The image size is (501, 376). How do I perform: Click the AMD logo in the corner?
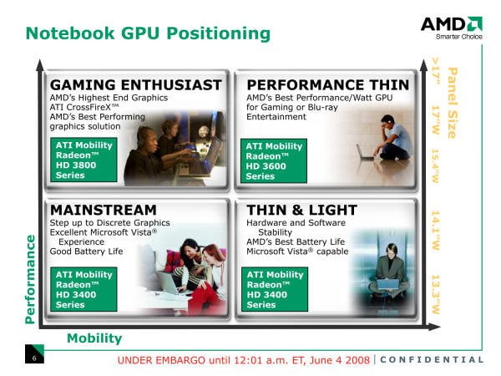452,28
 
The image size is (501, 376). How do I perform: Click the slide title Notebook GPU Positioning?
148,33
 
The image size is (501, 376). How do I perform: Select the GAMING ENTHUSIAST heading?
136,85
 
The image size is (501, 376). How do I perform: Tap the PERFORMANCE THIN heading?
328,85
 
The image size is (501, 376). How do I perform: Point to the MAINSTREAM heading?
104,210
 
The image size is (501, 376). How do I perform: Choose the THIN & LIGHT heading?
302,210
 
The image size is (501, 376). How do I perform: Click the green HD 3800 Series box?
83,160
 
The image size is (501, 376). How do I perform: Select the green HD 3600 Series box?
274,160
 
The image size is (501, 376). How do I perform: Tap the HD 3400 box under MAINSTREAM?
83,289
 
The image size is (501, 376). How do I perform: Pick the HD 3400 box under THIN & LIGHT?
275,289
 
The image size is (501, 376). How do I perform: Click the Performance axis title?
30,279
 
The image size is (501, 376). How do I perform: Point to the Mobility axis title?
94,338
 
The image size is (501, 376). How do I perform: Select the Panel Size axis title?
453,103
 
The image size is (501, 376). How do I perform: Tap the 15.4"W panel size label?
436,165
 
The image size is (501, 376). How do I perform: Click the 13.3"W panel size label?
436,294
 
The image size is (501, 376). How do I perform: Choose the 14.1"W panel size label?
436,230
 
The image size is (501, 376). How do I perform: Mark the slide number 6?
34,358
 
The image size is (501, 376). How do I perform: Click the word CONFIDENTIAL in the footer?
432,359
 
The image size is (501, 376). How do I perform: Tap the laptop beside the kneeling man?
365,153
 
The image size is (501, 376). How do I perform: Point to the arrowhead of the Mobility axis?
434,327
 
